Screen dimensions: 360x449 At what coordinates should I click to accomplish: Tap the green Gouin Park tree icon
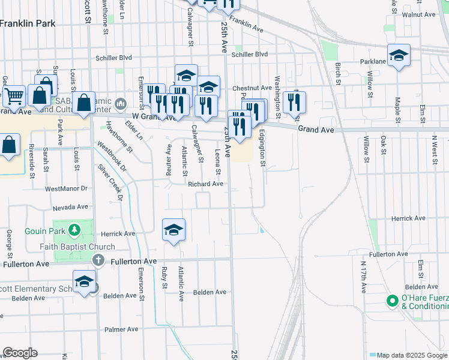[x=74, y=230]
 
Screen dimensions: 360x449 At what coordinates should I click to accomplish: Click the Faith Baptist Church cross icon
[x=99, y=260]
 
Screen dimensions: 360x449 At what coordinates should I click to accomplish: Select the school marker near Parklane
[x=399, y=56]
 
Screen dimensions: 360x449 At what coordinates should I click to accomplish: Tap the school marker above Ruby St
[x=174, y=230]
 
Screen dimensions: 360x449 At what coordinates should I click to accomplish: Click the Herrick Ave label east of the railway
[x=408, y=218]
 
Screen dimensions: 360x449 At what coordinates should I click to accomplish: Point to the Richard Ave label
[x=205, y=184]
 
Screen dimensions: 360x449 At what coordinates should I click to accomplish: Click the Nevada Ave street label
[x=70, y=207]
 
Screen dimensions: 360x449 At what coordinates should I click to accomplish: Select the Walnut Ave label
[x=419, y=14]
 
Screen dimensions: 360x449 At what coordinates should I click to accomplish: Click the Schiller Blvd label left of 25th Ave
[x=113, y=58]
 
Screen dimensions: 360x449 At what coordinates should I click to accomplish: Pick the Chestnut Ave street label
[x=252, y=88]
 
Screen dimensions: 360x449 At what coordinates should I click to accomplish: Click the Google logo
[x=20, y=353]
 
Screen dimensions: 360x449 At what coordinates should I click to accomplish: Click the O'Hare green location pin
[x=393, y=301]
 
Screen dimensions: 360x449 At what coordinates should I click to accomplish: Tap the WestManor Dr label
[x=66, y=188]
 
